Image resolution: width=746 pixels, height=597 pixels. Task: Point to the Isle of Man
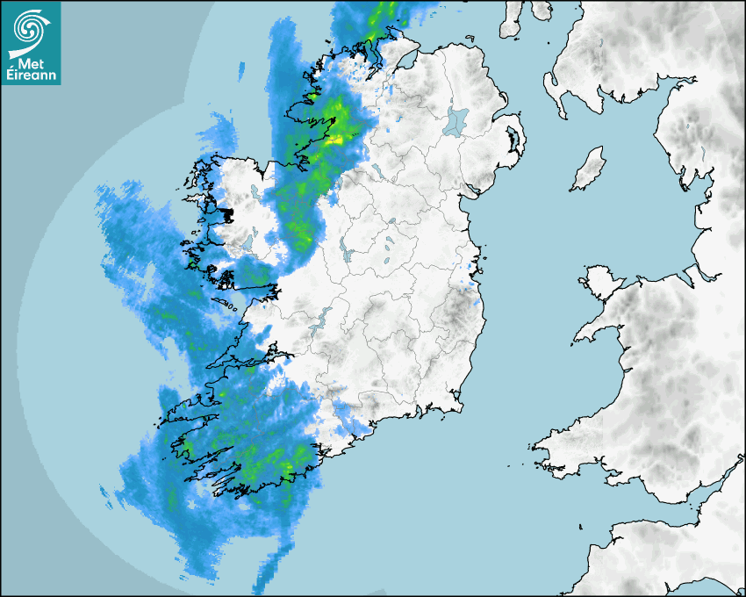coord(588,169)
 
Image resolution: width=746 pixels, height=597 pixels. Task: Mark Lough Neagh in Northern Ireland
coord(457,120)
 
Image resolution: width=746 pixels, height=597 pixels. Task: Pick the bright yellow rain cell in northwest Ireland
coord(334,139)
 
